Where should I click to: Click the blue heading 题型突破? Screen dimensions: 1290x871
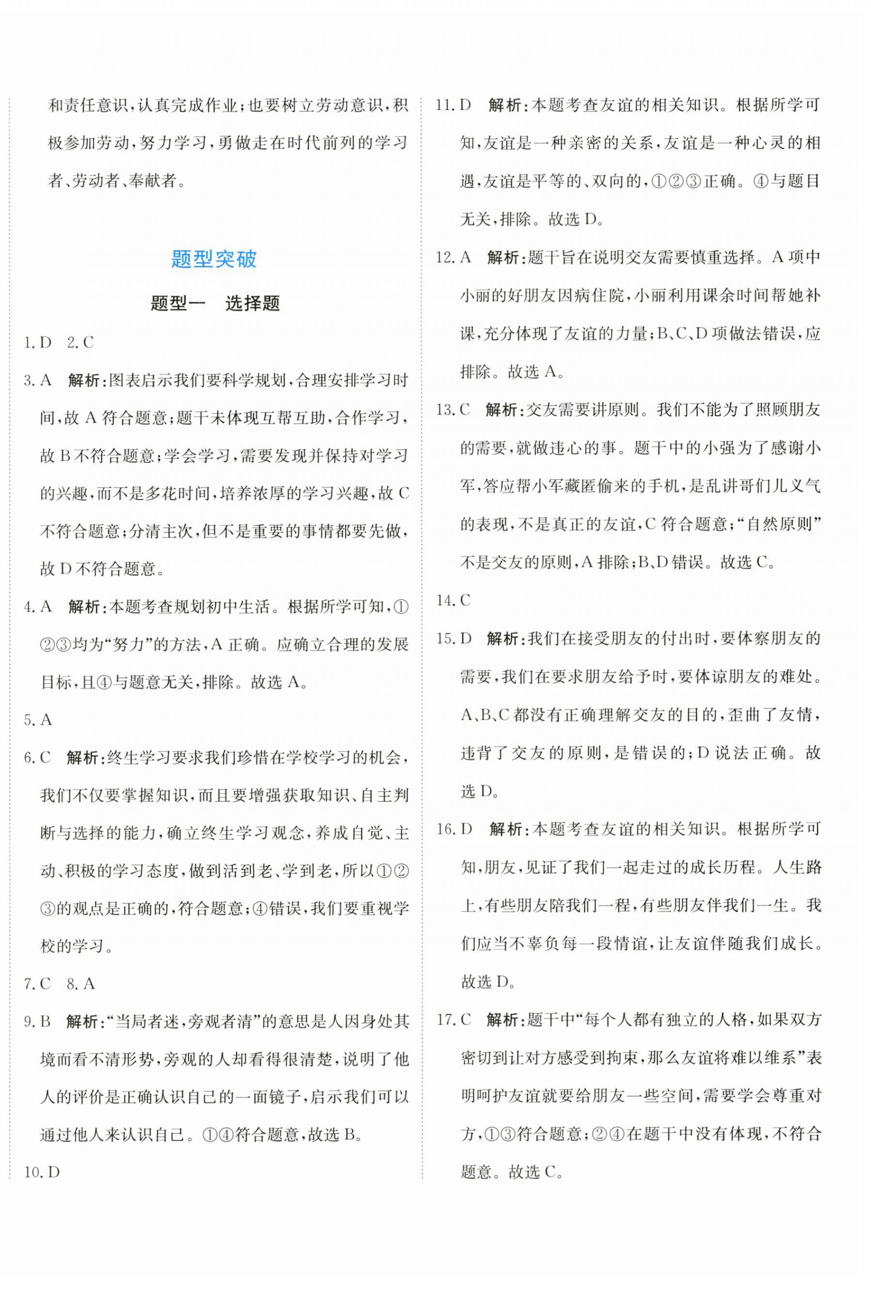click(214, 260)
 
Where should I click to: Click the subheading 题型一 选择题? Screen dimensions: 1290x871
click(215, 304)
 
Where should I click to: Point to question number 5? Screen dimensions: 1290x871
click(29, 720)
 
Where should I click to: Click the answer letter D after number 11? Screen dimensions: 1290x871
click(465, 105)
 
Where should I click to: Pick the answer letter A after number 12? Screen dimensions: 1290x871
click(465, 258)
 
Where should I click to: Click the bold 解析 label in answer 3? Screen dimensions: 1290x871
click(84, 381)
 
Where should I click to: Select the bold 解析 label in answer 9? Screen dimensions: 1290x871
click(83, 1021)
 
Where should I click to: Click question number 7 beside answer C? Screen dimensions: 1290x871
click(29, 984)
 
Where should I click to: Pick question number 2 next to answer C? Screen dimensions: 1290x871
click(71, 343)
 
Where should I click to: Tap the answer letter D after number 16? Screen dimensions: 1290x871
click(466, 829)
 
